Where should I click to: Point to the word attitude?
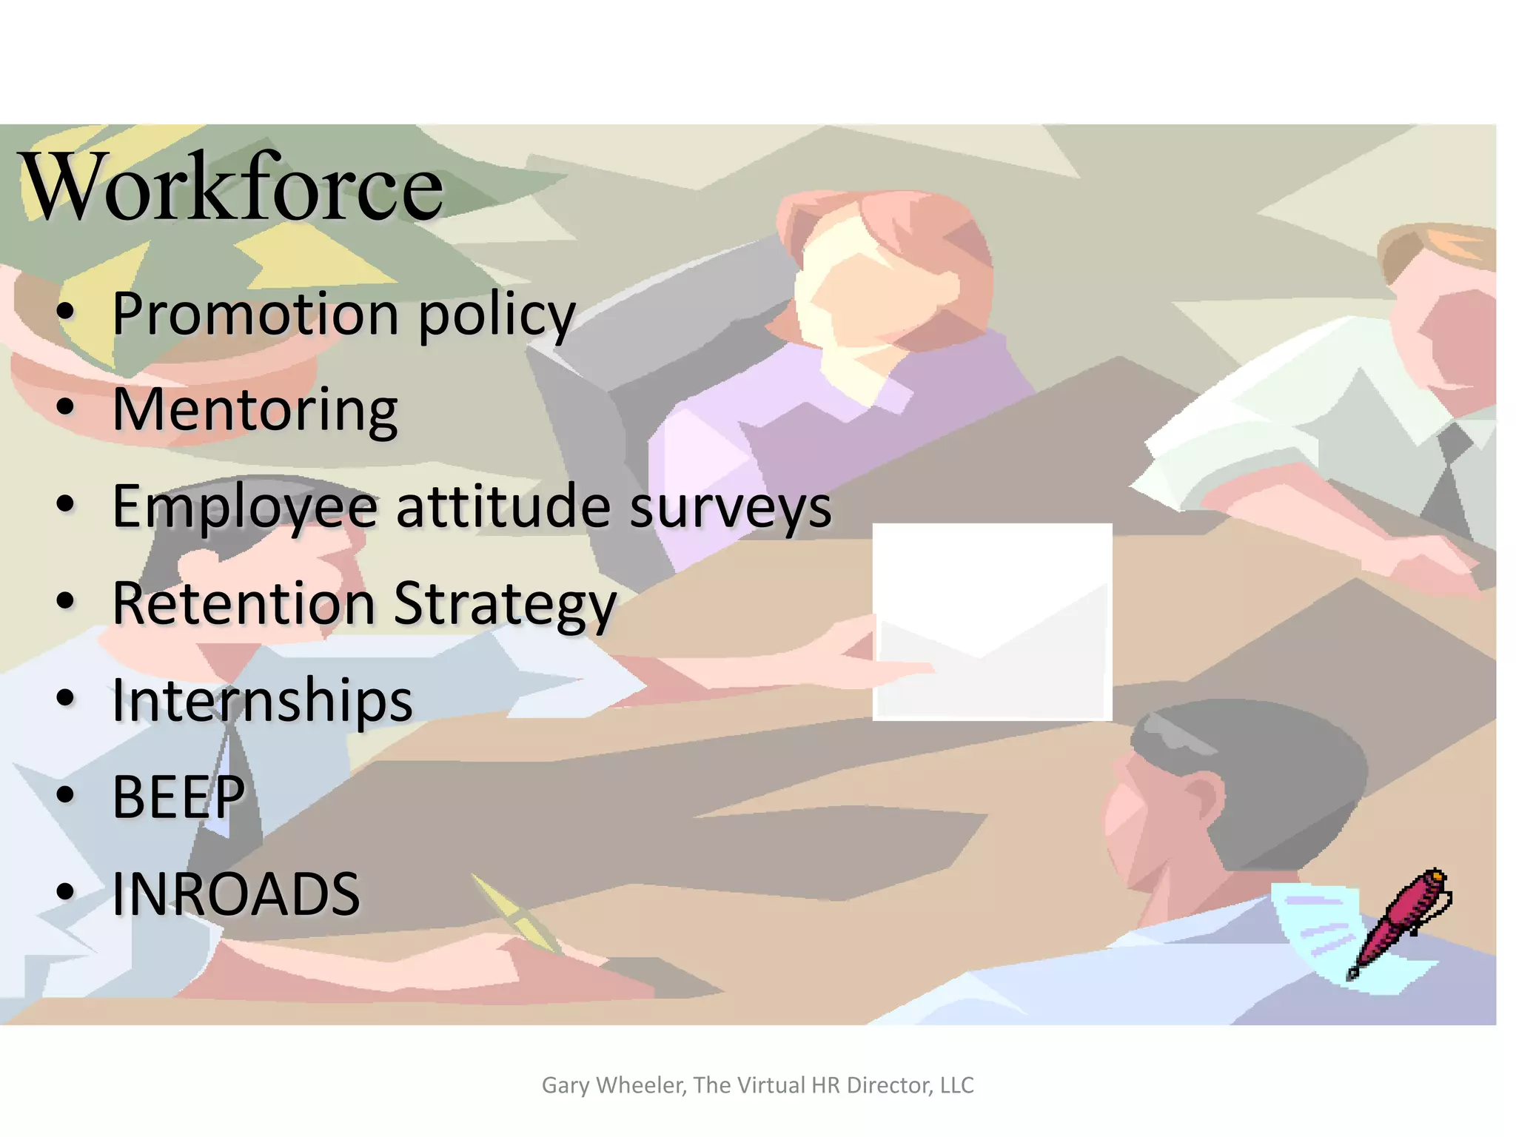(503, 506)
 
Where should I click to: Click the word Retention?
(244, 603)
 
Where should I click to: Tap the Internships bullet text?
(262, 700)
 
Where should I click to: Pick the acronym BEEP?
(178, 797)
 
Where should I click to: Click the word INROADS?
(236, 893)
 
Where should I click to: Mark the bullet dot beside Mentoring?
(66, 406)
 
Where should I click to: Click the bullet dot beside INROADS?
(66, 891)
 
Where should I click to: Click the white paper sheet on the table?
(992, 622)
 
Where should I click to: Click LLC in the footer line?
(956, 1085)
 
